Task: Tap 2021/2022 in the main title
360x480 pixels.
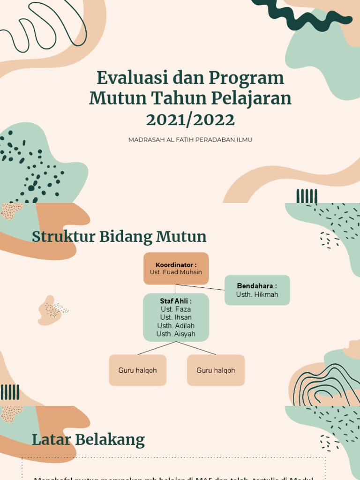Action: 190,120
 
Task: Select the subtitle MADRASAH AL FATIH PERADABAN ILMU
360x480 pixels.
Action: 190,140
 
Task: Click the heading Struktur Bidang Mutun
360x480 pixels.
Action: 119,236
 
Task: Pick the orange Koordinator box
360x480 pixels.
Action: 176,268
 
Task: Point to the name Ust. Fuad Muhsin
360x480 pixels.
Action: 176,272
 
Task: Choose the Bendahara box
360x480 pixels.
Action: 257,290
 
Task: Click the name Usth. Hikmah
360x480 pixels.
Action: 257,294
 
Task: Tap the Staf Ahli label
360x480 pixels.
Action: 176,301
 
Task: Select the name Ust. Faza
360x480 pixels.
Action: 176,309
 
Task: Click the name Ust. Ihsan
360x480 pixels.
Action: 176,317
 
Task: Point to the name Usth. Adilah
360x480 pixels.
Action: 176,326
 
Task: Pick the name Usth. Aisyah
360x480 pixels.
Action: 176,334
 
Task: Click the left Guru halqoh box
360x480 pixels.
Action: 137,370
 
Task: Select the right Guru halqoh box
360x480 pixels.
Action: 216,370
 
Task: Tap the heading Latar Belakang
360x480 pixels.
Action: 88,440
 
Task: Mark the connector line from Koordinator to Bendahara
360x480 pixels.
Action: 202,287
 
